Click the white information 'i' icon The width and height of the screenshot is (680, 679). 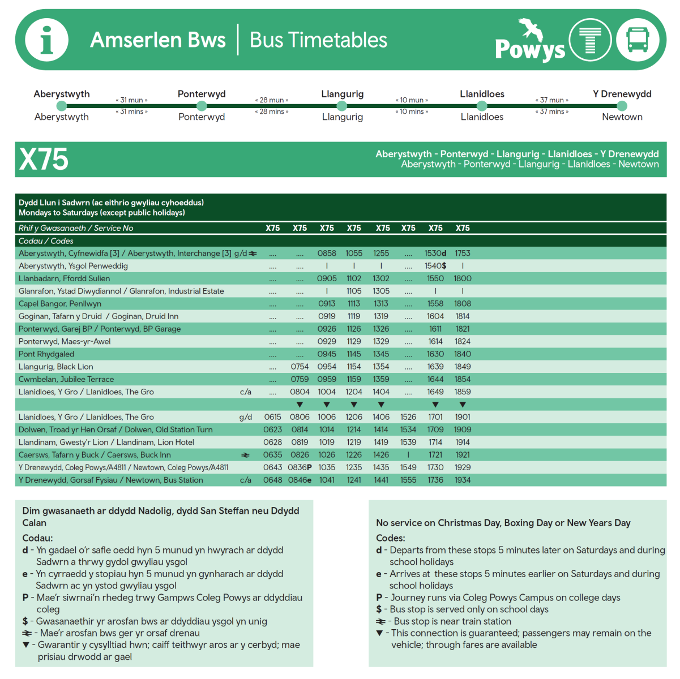click(47, 40)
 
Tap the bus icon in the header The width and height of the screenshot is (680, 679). click(638, 40)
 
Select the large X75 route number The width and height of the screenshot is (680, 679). click(44, 160)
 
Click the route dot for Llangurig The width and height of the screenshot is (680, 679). click(341, 106)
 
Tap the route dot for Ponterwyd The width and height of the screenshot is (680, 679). click(202, 106)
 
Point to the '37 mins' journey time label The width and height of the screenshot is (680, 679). click(551, 111)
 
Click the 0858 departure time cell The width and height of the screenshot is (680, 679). click(327, 253)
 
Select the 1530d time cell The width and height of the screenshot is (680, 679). click(435, 253)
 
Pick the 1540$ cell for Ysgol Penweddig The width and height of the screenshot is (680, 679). click(435, 266)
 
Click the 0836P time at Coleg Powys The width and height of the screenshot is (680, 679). click(300, 467)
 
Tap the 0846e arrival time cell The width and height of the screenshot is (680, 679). click(300, 480)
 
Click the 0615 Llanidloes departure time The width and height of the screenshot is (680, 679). click(272, 417)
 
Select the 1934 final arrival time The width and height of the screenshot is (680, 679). click(463, 480)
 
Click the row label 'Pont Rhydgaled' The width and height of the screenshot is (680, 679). click(46, 354)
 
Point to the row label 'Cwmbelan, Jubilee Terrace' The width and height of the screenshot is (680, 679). click(66, 379)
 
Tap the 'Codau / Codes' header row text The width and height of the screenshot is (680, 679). click(46, 241)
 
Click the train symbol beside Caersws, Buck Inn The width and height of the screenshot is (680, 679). click(245, 455)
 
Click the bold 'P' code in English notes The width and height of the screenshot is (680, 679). click(379, 598)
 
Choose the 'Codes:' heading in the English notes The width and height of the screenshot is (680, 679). click(391, 538)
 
